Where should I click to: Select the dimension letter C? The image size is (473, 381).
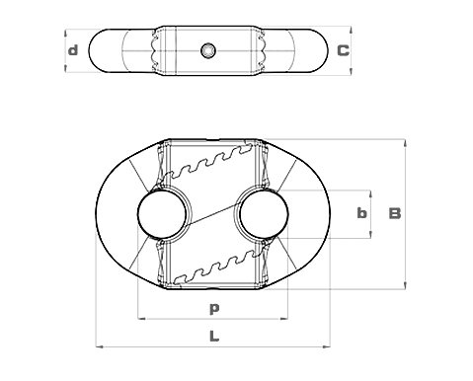click(342, 50)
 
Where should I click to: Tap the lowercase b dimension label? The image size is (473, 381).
click(361, 213)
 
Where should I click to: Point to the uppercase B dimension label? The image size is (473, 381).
click(394, 213)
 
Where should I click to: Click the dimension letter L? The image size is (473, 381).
click(213, 336)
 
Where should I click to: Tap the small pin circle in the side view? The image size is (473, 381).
click(206, 49)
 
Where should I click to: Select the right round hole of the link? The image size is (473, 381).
click(263, 213)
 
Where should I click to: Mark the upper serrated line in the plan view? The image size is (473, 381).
click(209, 164)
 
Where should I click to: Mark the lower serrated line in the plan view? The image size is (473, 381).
click(209, 265)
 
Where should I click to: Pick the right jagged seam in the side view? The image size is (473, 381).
click(263, 49)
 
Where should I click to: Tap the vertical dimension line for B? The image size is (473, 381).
click(406, 178)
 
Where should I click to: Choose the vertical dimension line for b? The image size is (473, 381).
click(371, 197)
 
